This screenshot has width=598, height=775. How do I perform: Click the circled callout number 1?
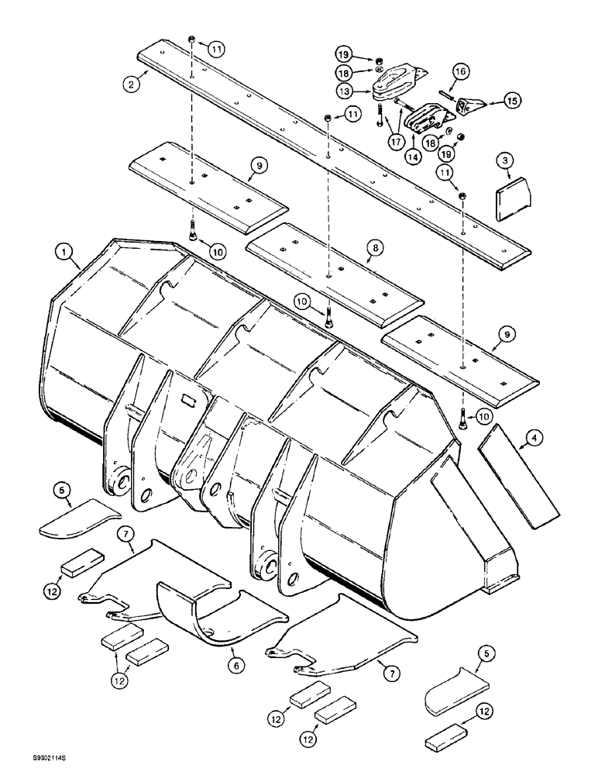point(59,251)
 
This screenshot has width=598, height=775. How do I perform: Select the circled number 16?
point(459,71)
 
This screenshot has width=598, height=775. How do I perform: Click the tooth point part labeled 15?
point(468,108)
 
